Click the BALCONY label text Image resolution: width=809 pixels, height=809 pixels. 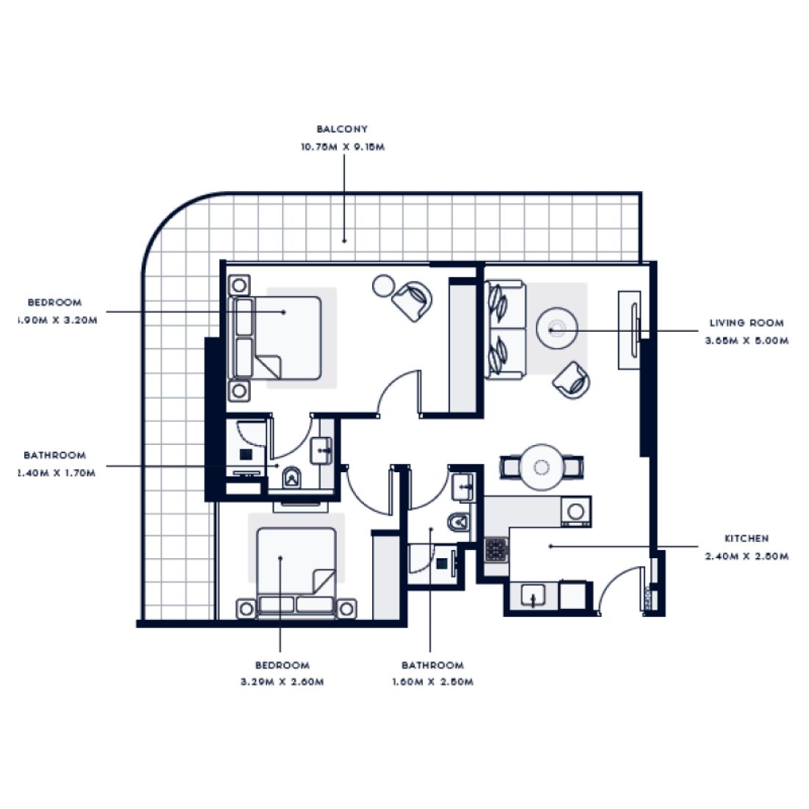coord(342,129)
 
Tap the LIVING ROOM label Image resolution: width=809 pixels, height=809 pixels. coord(746,323)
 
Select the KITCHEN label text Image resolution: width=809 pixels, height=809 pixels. coord(746,538)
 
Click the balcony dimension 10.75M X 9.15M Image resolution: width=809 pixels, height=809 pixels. coord(342,147)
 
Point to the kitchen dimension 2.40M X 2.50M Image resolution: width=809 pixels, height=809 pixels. coord(746,557)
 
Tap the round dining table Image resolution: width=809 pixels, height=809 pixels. coord(542,466)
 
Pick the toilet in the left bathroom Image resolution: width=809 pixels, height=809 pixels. coord(292,478)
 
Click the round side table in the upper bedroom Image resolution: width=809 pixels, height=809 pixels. coord(383,285)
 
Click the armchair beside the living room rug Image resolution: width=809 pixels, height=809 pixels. coord(571,379)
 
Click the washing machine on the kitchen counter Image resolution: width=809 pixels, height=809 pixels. coord(576,510)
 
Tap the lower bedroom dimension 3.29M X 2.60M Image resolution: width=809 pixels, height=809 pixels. coord(282,682)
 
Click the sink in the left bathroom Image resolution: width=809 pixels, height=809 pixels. coord(322,449)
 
